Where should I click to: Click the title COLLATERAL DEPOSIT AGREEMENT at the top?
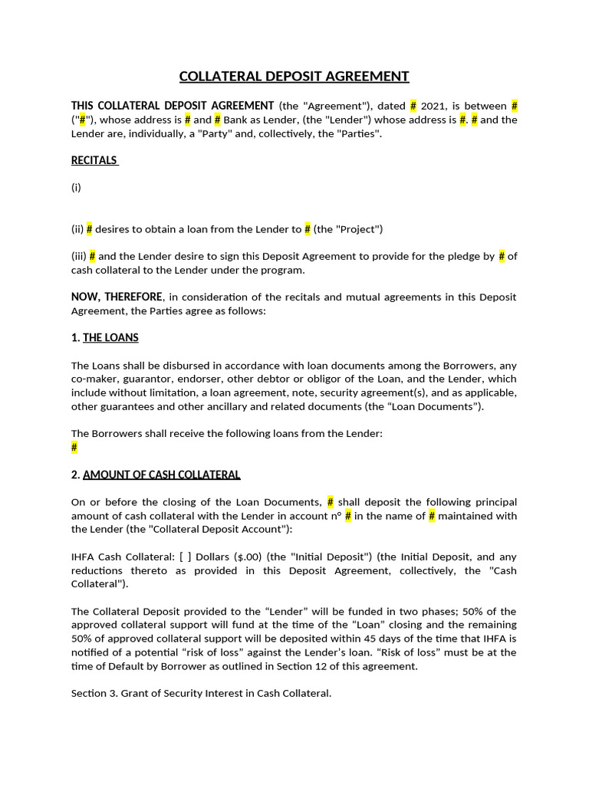pyautogui.click(x=294, y=76)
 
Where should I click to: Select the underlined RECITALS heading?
pyautogui.click(x=94, y=160)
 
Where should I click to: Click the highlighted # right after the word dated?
pyautogui.click(x=413, y=106)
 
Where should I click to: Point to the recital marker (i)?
pyautogui.click(x=76, y=187)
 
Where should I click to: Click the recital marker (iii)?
pyautogui.click(x=78, y=256)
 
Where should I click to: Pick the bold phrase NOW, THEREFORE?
pyautogui.click(x=117, y=297)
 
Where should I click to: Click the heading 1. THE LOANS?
pyautogui.click(x=105, y=337)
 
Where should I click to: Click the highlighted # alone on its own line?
pyautogui.click(x=74, y=448)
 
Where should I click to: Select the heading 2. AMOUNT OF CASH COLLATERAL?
pyautogui.click(x=156, y=475)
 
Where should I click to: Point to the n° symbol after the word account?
pyautogui.click(x=334, y=516)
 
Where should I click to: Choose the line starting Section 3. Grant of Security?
pyautogui.click(x=201, y=694)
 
